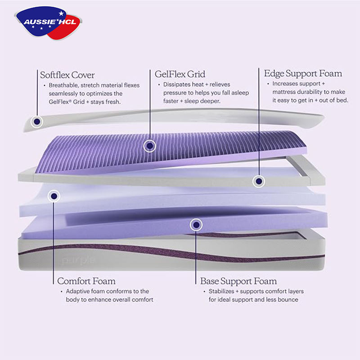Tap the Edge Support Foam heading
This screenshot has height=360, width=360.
[303, 73]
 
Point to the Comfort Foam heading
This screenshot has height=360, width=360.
[86, 281]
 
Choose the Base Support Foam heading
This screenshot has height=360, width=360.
[238, 281]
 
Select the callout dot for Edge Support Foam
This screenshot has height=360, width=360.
[258, 181]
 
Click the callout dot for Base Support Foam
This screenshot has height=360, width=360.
[196, 224]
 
